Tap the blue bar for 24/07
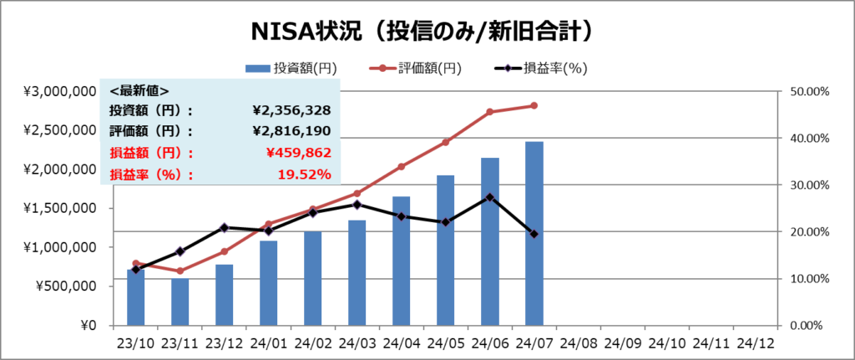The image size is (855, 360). (534, 234)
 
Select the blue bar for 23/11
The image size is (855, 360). (180, 302)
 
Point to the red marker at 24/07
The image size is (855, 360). (534, 105)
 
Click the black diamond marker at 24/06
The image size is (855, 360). (490, 197)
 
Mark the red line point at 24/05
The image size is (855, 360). (446, 142)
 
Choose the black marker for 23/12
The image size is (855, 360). (224, 227)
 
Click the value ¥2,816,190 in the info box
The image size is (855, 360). (291, 131)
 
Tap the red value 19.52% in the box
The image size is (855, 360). (305, 175)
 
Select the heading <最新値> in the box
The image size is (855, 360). (139, 90)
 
